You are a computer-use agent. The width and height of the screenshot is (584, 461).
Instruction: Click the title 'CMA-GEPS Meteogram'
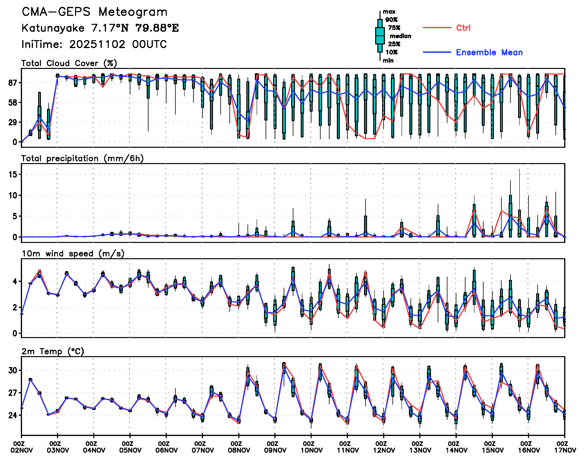(94, 12)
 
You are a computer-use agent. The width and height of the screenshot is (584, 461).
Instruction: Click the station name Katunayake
(53, 28)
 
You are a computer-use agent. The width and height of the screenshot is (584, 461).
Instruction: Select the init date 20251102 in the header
(97, 44)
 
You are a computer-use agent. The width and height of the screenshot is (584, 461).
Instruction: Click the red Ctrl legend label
(463, 28)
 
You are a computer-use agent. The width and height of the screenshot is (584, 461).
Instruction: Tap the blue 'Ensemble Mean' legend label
(489, 52)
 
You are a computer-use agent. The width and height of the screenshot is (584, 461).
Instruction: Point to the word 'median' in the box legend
(400, 36)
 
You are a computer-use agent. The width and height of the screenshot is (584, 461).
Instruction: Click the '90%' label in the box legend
(391, 20)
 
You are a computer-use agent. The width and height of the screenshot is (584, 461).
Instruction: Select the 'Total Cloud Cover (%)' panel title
(69, 63)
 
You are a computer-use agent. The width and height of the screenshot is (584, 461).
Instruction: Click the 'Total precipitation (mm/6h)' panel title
(82, 158)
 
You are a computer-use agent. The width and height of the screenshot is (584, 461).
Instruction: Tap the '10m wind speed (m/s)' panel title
(73, 254)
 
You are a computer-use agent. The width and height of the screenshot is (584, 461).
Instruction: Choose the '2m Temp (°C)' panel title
(53, 351)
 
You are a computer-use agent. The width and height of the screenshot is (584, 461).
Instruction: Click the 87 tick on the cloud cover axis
(13, 83)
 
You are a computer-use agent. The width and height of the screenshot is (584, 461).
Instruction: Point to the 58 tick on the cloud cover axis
(13, 102)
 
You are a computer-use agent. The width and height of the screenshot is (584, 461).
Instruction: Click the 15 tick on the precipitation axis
(13, 175)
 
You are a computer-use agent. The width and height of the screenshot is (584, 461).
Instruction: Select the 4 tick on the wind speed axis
(15, 281)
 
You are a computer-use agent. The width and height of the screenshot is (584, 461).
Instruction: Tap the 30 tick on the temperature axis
(13, 370)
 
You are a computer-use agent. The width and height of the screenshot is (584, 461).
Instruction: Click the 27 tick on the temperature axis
(13, 393)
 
